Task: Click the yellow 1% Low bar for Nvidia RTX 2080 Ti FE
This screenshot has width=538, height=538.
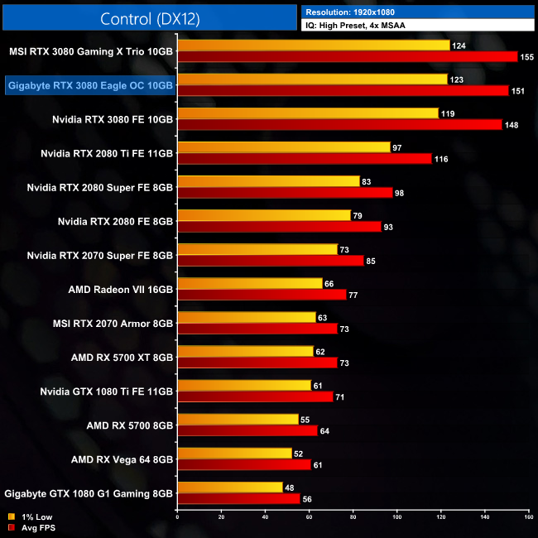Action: pyautogui.click(x=284, y=147)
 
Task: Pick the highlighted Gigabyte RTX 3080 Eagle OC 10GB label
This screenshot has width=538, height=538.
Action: pyautogui.click(x=89, y=84)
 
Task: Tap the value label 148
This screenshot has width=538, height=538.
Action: pyautogui.click(x=512, y=125)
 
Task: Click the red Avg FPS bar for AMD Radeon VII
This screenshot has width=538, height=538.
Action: pyautogui.click(x=262, y=295)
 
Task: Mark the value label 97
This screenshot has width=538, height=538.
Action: pyautogui.click(x=398, y=147)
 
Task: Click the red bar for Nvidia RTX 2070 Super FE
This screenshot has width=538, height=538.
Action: pyautogui.click(x=271, y=261)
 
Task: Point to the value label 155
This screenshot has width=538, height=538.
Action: pyautogui.click(x=527, y=57)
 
